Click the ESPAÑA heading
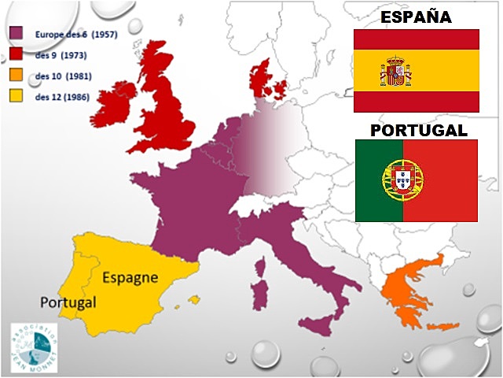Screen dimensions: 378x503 [417, 17]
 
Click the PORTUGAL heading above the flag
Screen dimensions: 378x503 [417, 129]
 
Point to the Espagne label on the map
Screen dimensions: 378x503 [130, 278]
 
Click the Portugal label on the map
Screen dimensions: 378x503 [68, 302]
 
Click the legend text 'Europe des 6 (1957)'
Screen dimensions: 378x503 [72, 34]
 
